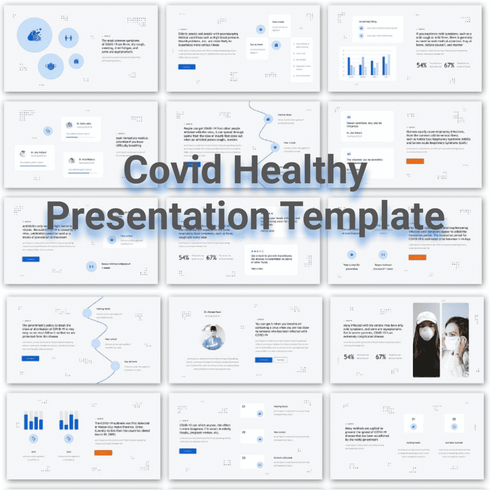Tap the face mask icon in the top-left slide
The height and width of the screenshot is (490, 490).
(x=52, y=66)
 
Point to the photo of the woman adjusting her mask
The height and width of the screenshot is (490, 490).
(x=455, y=340)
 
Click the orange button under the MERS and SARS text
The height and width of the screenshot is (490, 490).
(x=416, y=161)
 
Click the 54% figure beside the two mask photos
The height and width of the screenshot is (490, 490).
(x=349, y=357)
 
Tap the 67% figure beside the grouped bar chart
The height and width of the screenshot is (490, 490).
(x=449, y=65)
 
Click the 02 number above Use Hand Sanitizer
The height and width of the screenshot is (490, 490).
(x=454, y=419)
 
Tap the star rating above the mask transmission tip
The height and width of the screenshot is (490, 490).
(x=257, y=250)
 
